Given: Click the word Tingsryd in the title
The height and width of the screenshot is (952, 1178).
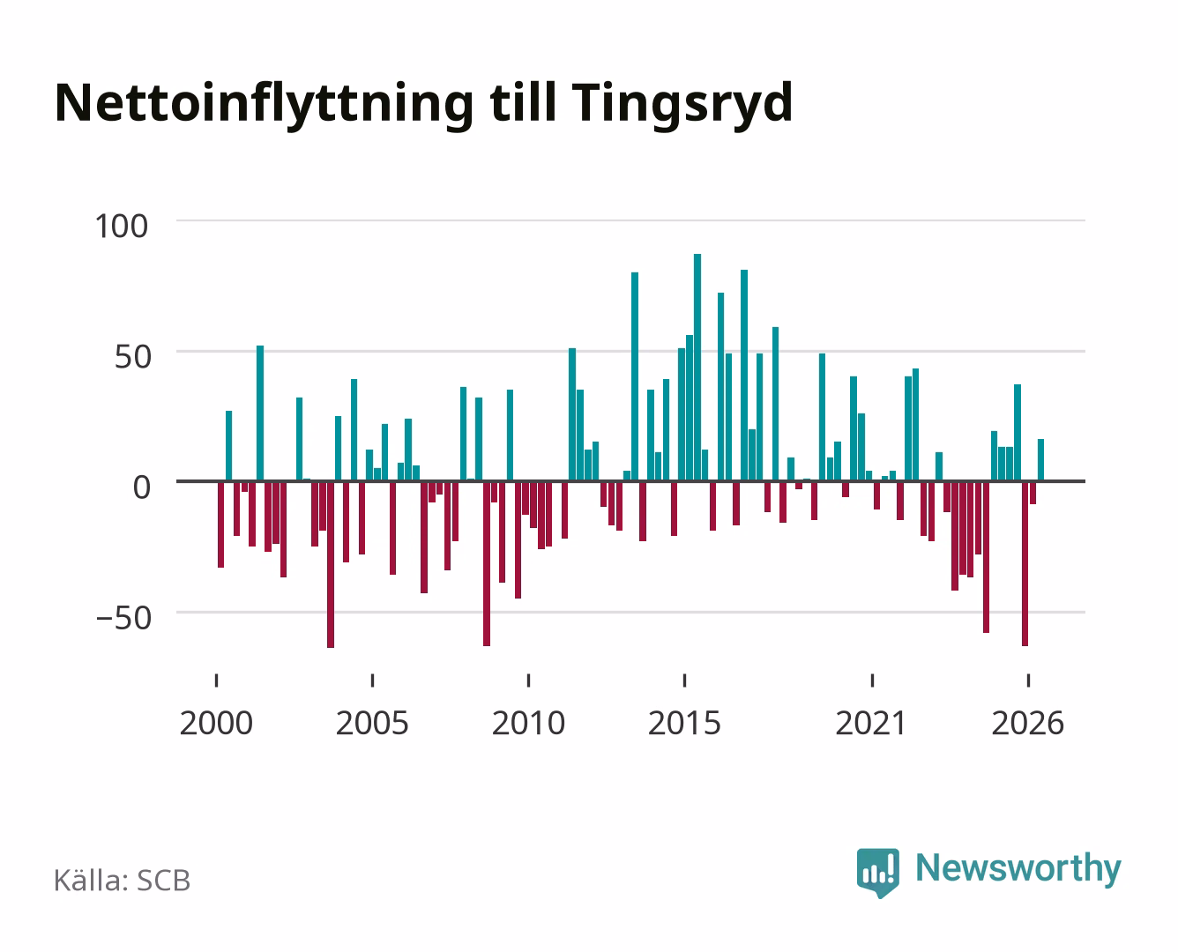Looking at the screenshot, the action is point(682,106).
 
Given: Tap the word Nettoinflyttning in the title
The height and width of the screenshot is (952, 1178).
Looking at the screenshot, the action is point(264,106).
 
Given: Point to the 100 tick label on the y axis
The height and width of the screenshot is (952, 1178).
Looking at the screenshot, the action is point(121,227).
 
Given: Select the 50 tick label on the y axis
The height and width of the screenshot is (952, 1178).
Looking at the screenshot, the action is point(133,357).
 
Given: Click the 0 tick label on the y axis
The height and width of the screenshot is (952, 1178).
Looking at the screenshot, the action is point(142,487).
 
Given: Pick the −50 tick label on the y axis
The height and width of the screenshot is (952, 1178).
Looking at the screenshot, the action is point(123,618).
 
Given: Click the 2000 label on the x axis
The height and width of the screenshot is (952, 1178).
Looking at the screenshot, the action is point(216,723).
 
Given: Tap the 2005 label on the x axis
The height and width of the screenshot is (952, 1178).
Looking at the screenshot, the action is point(372,723).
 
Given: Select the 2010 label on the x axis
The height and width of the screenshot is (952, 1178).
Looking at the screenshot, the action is point(528,723).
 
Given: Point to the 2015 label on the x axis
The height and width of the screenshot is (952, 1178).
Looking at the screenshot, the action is point(685,723).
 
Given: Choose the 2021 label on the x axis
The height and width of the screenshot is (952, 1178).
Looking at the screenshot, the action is point(872,723).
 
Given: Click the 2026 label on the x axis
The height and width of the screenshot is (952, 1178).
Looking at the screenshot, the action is point(1027,723).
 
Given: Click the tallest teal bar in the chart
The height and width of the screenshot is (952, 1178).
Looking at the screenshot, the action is point(697,368).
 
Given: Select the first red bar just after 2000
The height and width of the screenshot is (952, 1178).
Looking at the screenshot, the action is point(220,524).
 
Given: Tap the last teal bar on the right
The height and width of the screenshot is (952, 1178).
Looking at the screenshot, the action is point(1040,460).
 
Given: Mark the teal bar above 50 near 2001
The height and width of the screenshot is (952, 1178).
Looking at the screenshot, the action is point(260,413).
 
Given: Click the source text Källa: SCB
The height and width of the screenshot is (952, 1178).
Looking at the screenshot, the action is point(123,881).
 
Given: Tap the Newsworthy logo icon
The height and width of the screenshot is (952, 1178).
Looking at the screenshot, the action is point(877,873).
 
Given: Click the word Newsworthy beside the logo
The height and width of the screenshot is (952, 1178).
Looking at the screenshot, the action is point(1018,869).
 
